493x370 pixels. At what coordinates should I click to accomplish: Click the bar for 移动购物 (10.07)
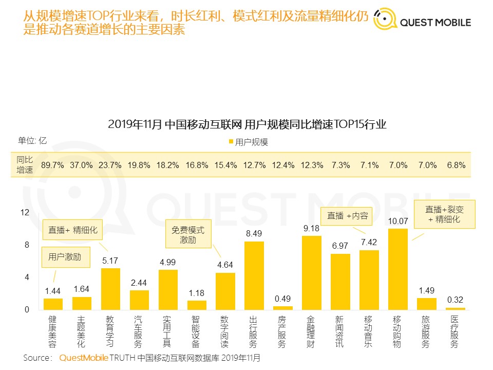click(397, 269)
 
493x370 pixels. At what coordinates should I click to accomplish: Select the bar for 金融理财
click(311, 272)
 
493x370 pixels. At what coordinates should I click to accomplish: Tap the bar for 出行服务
click(254, 275)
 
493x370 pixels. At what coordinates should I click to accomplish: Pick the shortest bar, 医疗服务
click(454, 308)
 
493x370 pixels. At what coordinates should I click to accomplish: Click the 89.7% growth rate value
click(52, 165)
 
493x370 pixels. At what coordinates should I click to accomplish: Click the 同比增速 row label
click(25, 165)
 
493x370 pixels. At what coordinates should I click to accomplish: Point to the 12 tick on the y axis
click(25, 212)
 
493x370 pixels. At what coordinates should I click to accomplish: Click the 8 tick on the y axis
click(27, 245)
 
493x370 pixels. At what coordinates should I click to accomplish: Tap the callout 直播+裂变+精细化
click(445, 214)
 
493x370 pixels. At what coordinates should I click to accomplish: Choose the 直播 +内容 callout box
click(348, 216)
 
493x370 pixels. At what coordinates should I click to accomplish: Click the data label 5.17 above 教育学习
click(110, 261)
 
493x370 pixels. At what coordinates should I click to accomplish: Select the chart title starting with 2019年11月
click(247, 125)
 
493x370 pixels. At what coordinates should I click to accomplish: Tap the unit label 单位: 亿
click(33, 140)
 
